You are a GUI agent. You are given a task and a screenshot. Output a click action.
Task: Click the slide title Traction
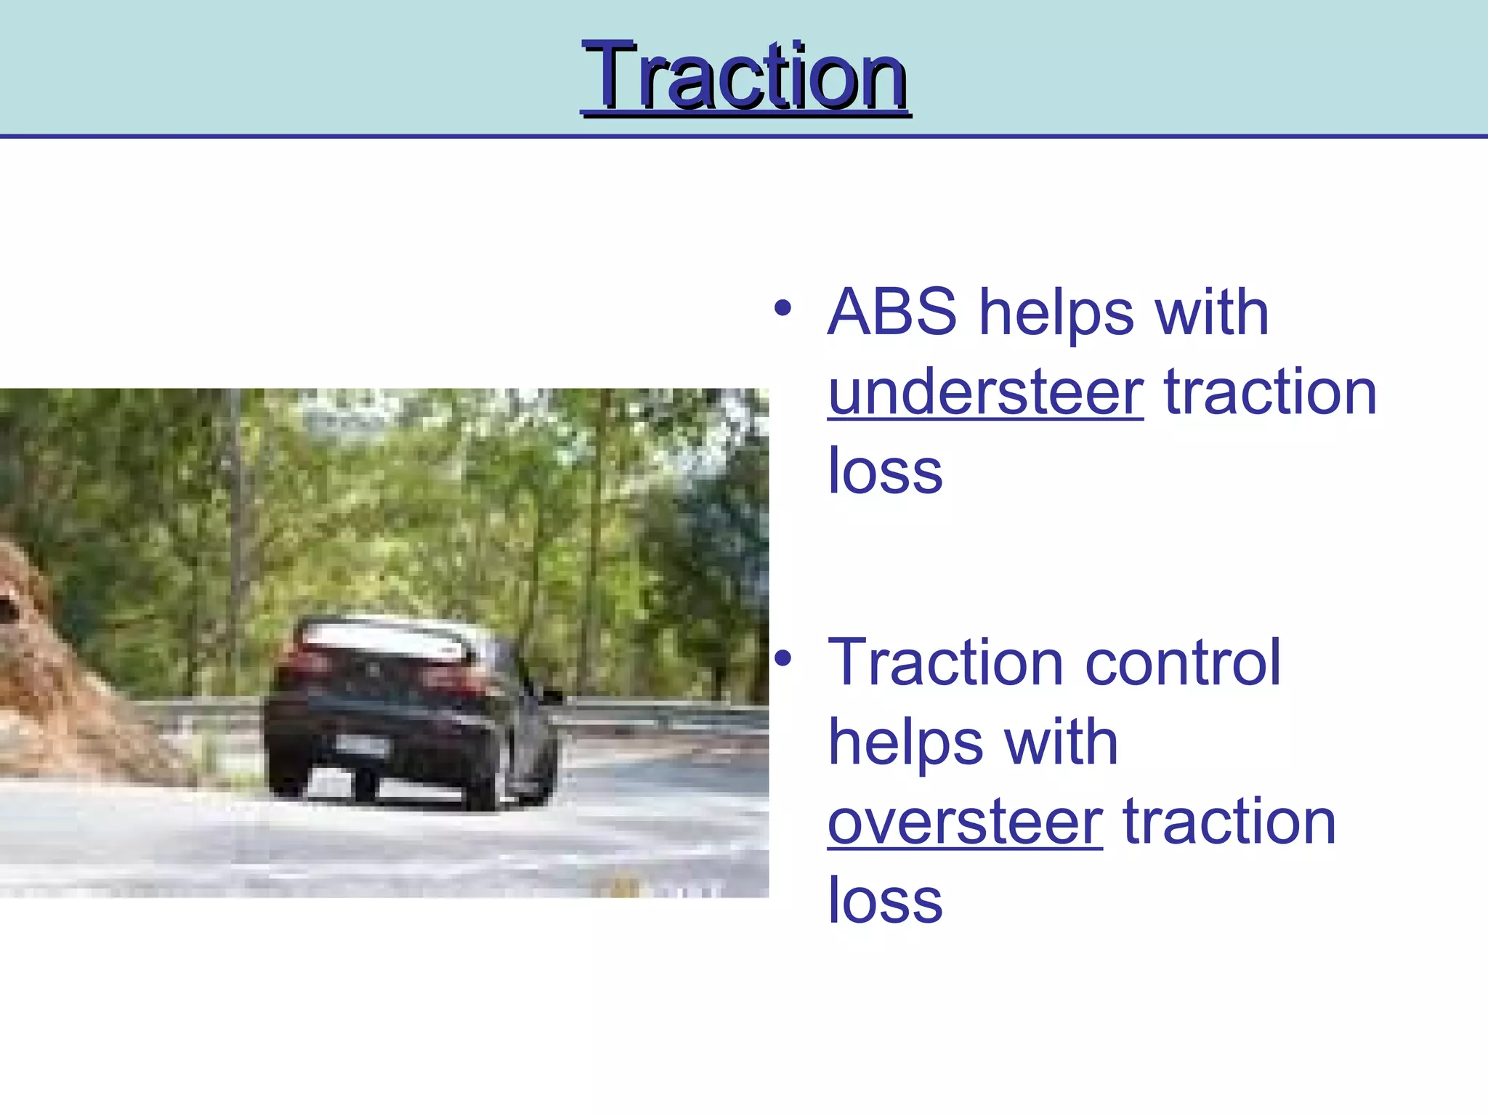(745, 76)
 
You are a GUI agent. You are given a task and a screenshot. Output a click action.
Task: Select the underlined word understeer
(985, 392)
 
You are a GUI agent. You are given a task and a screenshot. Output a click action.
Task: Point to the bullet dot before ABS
(782, 308)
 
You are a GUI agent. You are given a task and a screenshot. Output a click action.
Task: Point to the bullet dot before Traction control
(782, 658)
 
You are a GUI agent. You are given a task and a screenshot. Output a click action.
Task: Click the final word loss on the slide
(885, 902)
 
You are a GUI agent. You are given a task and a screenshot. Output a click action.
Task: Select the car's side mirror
(552, 695)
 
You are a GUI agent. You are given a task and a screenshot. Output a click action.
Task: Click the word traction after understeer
(1270, 392)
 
